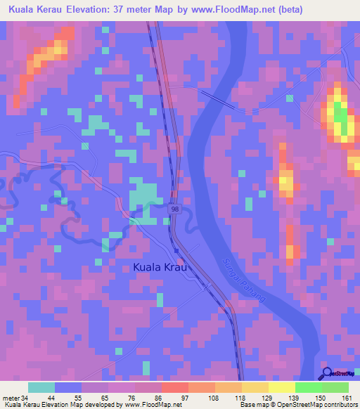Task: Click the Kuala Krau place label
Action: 162,268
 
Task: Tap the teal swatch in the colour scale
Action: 41,387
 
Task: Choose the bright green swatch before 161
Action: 308,387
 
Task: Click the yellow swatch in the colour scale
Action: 281,387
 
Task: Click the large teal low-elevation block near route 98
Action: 144,195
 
